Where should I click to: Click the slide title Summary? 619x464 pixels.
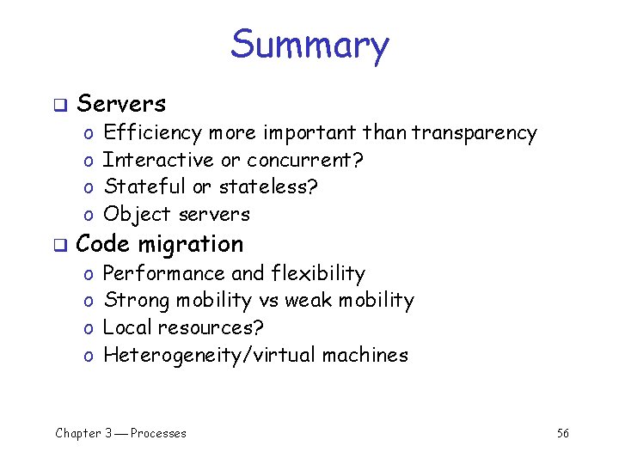coord(309,45)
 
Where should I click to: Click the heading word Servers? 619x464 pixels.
coord(121,104)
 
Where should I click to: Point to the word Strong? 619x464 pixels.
coord(135,301)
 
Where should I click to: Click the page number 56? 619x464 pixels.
coord(562,433)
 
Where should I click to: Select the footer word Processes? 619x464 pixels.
coord(158,433)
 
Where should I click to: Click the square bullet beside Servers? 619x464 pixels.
coord(59,106)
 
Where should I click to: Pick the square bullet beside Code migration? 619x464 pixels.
coord(59,246)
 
